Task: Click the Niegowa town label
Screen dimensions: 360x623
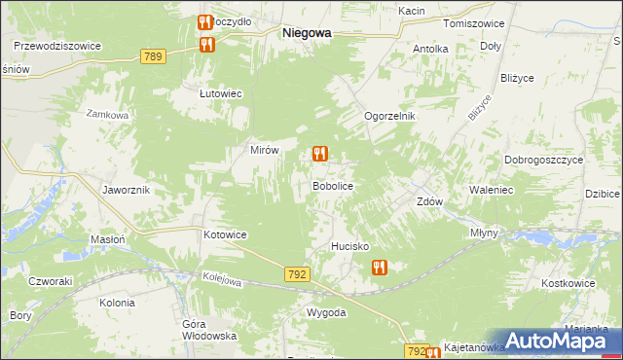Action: [306, 32]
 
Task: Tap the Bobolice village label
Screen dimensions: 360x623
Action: [331, 185]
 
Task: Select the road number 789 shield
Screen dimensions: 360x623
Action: [152, 56]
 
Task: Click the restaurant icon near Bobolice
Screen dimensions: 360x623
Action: [319, 154]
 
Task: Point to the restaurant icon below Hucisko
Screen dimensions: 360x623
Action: [379, 268]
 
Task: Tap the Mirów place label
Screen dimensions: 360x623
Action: [265, 151]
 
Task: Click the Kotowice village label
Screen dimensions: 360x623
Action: [225, 235]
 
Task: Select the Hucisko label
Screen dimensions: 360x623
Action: [349, 247]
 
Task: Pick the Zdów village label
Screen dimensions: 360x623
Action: [429, 202]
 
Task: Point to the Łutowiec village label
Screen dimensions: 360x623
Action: [220, 93]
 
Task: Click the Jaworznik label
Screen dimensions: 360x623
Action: [126, 190]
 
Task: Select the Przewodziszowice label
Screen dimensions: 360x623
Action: [57, 45]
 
